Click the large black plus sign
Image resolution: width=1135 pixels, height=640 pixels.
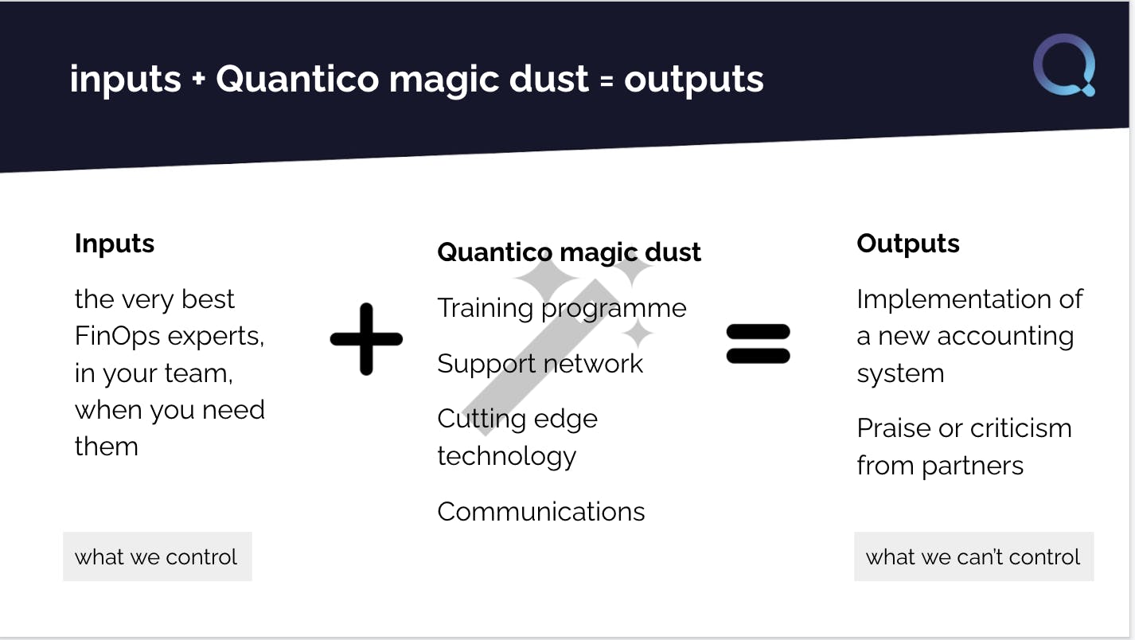[366, 339]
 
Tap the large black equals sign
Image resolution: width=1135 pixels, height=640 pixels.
[758, 344]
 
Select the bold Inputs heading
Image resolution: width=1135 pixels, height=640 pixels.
[115, 244]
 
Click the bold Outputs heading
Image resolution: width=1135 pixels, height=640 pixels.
[908, 244]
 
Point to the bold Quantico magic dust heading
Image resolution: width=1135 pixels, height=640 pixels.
[569, 252]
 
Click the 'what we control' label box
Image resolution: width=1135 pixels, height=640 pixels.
[157, 556]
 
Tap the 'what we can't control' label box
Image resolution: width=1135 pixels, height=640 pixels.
[974, 556]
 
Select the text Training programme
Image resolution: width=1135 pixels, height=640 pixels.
[562, 309]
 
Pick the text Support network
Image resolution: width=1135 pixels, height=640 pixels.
[540, 363]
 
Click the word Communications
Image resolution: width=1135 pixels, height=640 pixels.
[541, 512]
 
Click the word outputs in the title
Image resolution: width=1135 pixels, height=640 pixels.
[694, 80]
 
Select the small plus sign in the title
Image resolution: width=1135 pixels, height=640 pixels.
[199, 79]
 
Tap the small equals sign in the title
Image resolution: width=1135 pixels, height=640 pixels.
[607, 80]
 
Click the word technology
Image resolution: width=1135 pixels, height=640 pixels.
[507, 457]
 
